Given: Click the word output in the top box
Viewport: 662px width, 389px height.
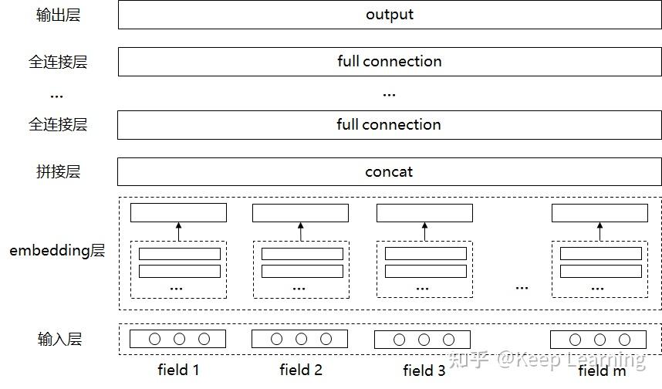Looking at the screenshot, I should (390, 15).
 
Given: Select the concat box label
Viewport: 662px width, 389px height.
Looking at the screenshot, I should (389, 172).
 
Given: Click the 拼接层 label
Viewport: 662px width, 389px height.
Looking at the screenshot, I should (58, 172).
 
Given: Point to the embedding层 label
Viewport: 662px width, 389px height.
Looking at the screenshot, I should (57, 251).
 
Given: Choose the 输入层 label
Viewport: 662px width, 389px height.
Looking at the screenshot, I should (59, 339).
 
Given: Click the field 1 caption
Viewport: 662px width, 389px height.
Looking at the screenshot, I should (178, 370).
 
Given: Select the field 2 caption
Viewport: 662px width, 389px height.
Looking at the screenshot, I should (301, 370).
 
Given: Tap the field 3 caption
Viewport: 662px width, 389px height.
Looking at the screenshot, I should (424, 370).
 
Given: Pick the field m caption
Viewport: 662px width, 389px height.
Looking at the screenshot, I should (603, 370).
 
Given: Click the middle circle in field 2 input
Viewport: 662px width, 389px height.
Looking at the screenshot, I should (301, 339).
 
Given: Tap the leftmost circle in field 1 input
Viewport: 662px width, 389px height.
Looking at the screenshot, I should (154, 339).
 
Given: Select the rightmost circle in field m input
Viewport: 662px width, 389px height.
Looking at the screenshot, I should (624, 339).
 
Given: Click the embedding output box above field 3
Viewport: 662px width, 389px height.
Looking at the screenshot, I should (424, 213).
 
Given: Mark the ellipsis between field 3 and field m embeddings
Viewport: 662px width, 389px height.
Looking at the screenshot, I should (522, 287).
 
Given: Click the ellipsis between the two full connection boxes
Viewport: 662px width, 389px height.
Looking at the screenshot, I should (389, 94).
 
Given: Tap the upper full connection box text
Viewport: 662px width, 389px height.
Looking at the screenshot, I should (390, 62).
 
